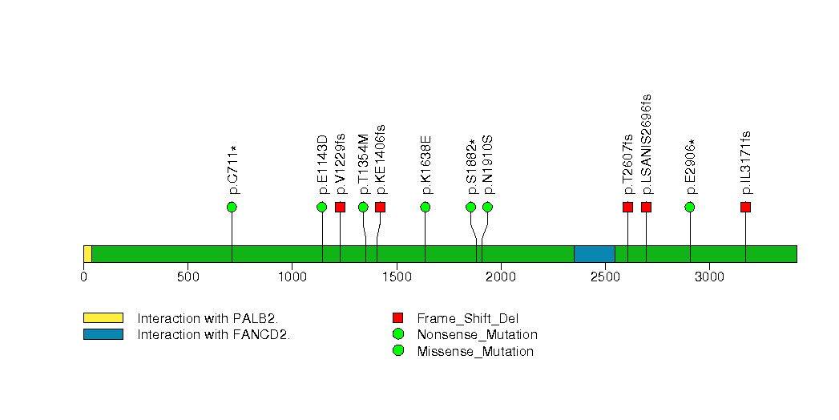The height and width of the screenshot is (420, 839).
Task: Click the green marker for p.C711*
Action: tap(232, 207)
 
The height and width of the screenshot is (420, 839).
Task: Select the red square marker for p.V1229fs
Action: tap(341, 207)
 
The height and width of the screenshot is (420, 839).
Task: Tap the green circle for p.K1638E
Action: tap(426, 207)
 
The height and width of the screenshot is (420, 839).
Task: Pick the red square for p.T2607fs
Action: tap(627, 207)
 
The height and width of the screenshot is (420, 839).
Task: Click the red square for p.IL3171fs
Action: tap(745, 207)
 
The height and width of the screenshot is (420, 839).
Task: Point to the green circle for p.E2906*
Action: tap(690, 207)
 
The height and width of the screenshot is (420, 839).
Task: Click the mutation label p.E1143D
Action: tap(322, 165)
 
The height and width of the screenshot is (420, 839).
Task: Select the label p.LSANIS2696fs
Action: tap(647, 144)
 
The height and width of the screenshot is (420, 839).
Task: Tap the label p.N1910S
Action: tap(487, 165)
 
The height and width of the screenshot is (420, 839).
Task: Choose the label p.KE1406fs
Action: tap(380, 160)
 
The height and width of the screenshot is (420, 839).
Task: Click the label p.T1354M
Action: tap(363, 164)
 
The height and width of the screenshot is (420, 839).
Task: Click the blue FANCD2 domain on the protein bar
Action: tap(595, 254)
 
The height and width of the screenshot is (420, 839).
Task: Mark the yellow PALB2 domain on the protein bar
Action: tap(88, 254)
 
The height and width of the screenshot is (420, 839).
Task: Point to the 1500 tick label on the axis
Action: tap(397, 277)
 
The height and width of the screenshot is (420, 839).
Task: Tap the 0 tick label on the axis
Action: tap(83, 277)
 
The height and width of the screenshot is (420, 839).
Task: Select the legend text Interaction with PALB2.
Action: tap(208, 319)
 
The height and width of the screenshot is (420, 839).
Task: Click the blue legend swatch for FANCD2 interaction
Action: tap(103, 334)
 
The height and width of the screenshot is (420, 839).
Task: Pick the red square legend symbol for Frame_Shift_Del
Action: tap(397, 318)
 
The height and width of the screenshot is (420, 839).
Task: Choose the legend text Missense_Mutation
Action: tap(475, 352)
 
